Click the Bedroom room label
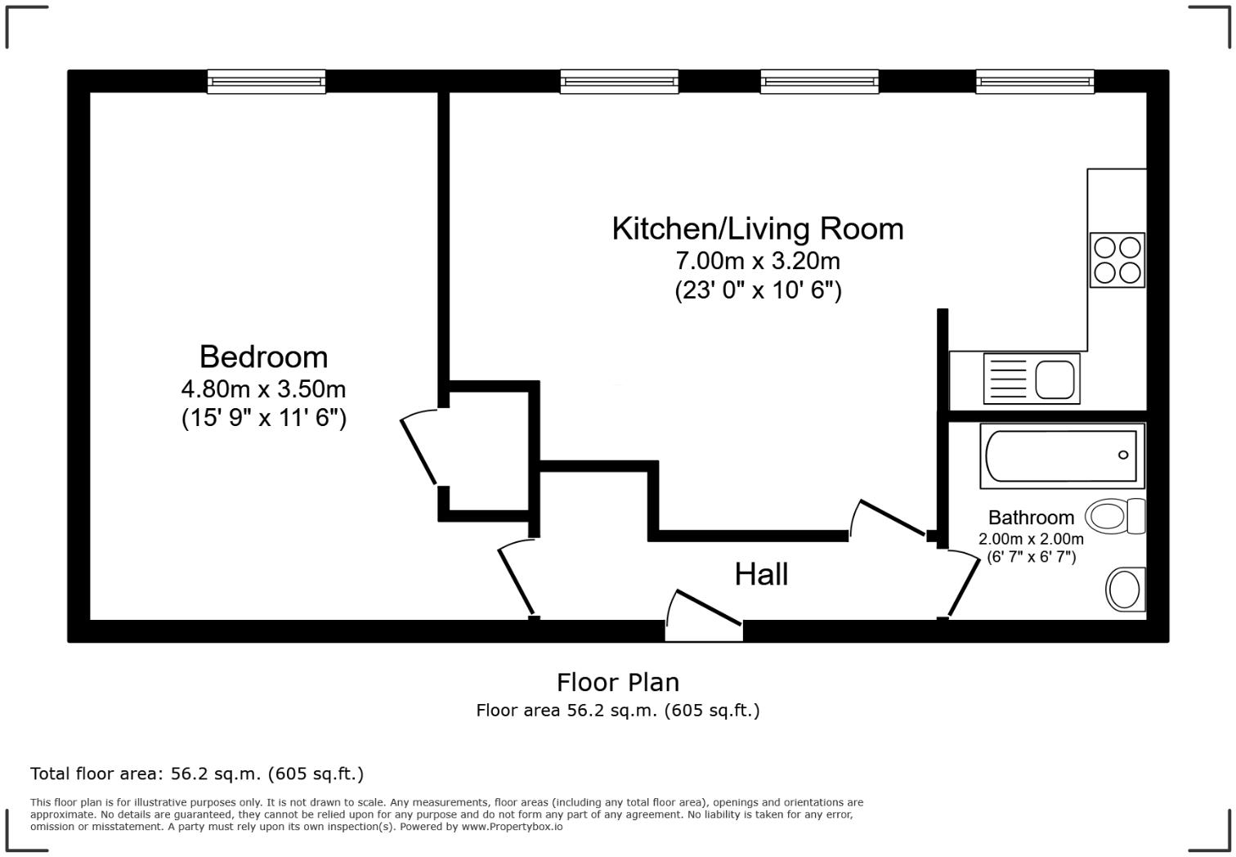[x=263, y=357]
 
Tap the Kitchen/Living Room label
[x=757, y=228]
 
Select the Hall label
[x=761, y=574]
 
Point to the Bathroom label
[x=1031, y=518]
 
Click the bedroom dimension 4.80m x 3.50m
[x=263, y=388]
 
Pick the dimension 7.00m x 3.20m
[x=757, y=261]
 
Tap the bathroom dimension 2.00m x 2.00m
[x=1031, y=539]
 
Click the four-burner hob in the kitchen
[x=1117, y=260]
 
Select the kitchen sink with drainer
[x=1031, y=379]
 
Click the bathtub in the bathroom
[x=1061, y=455]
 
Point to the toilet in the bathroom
[x=1115, y=517]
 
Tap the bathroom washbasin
[x=1126, y=589]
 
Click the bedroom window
[x=266, y=82]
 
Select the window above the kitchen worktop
[x=1034, y=82]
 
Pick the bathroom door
[x=963, y=584]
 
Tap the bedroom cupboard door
[x=419, y=450]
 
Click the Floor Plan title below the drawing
[x=617, y=682]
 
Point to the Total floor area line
[x=196, y=774]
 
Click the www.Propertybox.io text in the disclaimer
[x=512, y=827]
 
